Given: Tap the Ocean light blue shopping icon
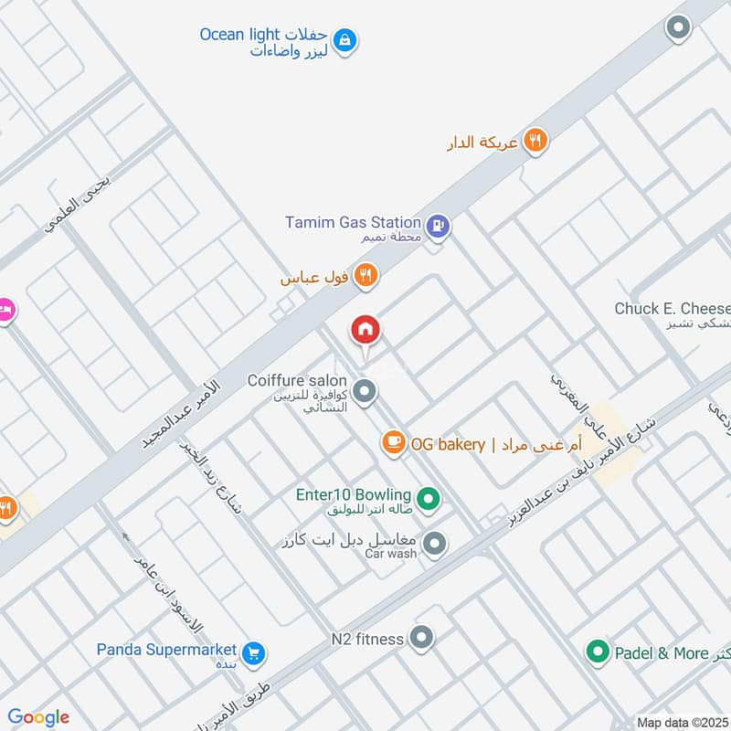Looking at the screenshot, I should tap(345, 39).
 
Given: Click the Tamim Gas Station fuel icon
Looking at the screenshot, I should tap(439, 225).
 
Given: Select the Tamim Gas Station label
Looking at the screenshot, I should tap(353, 222).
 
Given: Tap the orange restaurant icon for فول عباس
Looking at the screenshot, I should tap(365, 275).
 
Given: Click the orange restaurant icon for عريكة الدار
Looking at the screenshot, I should tap(535, 142).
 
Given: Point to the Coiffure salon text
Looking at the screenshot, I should tap(297, 380).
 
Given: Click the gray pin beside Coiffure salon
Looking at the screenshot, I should tap(365, 392).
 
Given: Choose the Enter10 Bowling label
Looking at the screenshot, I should tap(353, 494).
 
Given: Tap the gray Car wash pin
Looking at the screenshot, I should tap(436, 544).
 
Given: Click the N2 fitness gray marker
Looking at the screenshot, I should tap(421, 638).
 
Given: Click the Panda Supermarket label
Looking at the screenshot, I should tap(167, 650).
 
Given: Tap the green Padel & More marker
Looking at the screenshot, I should tap(598, 652).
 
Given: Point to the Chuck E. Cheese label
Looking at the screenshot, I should tap(672, 309).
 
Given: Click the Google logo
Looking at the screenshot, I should tap(38, 717).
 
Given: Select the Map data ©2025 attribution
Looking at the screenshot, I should tap(681, 722).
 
